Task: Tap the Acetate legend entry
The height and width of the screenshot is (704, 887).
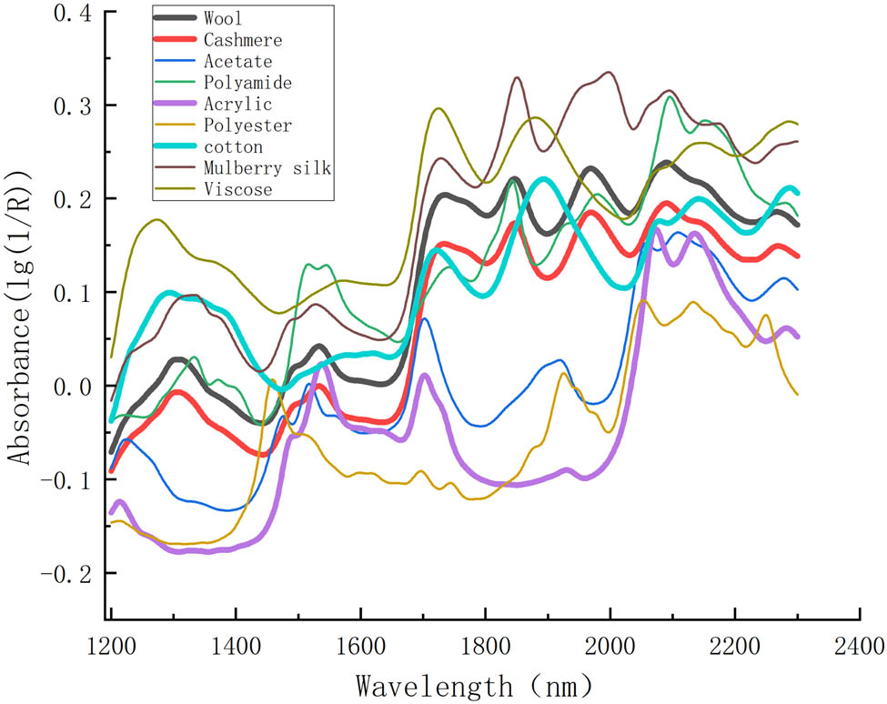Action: pos(238,61)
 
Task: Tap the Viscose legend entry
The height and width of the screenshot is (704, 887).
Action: pos(238,189)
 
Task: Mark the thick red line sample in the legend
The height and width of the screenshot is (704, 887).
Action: pos(176,40)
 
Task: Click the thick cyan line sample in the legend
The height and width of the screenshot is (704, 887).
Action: pos(176,146)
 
